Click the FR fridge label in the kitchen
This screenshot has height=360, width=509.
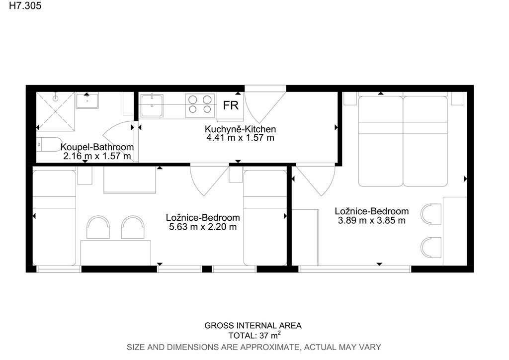[x=231, y=105]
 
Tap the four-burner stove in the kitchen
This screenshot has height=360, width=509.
[x=200, y=105]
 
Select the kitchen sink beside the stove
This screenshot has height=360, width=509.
[x=152, y=105]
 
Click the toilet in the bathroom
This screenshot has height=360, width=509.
[x=49, y=145]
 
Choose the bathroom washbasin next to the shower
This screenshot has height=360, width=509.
[x=87, y=100]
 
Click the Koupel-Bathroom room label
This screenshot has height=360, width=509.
[x=97, y=147]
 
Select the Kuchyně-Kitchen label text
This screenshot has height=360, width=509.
[x=240, y=129]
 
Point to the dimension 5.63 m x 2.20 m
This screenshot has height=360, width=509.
[x=203, y=227]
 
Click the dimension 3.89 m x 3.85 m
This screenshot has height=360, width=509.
[x=372, y=220]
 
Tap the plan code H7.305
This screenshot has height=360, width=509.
[x=25, y=6]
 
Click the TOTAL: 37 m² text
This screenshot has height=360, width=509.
[x=254, y=335]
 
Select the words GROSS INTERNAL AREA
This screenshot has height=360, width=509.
[x=253, y=325]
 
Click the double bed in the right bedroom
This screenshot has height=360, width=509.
[x=403, y=141]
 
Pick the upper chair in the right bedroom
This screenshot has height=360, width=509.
[x=431, y=214]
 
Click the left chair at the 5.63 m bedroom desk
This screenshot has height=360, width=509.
[x=98, y=227]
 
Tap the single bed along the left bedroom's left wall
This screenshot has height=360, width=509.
[x=54, y=218]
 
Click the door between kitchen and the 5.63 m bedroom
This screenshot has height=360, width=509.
[x=209, y=180]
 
